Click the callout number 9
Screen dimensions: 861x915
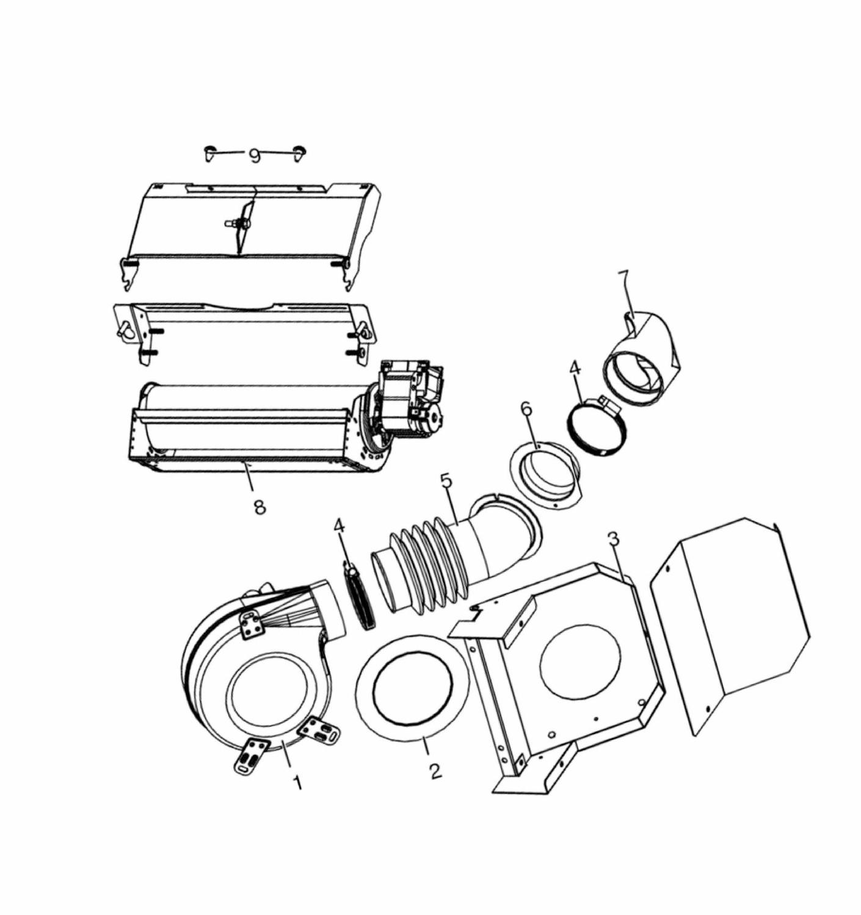point(255,156)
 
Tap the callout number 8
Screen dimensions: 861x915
point(260,507)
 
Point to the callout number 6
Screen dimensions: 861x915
point(527,408)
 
